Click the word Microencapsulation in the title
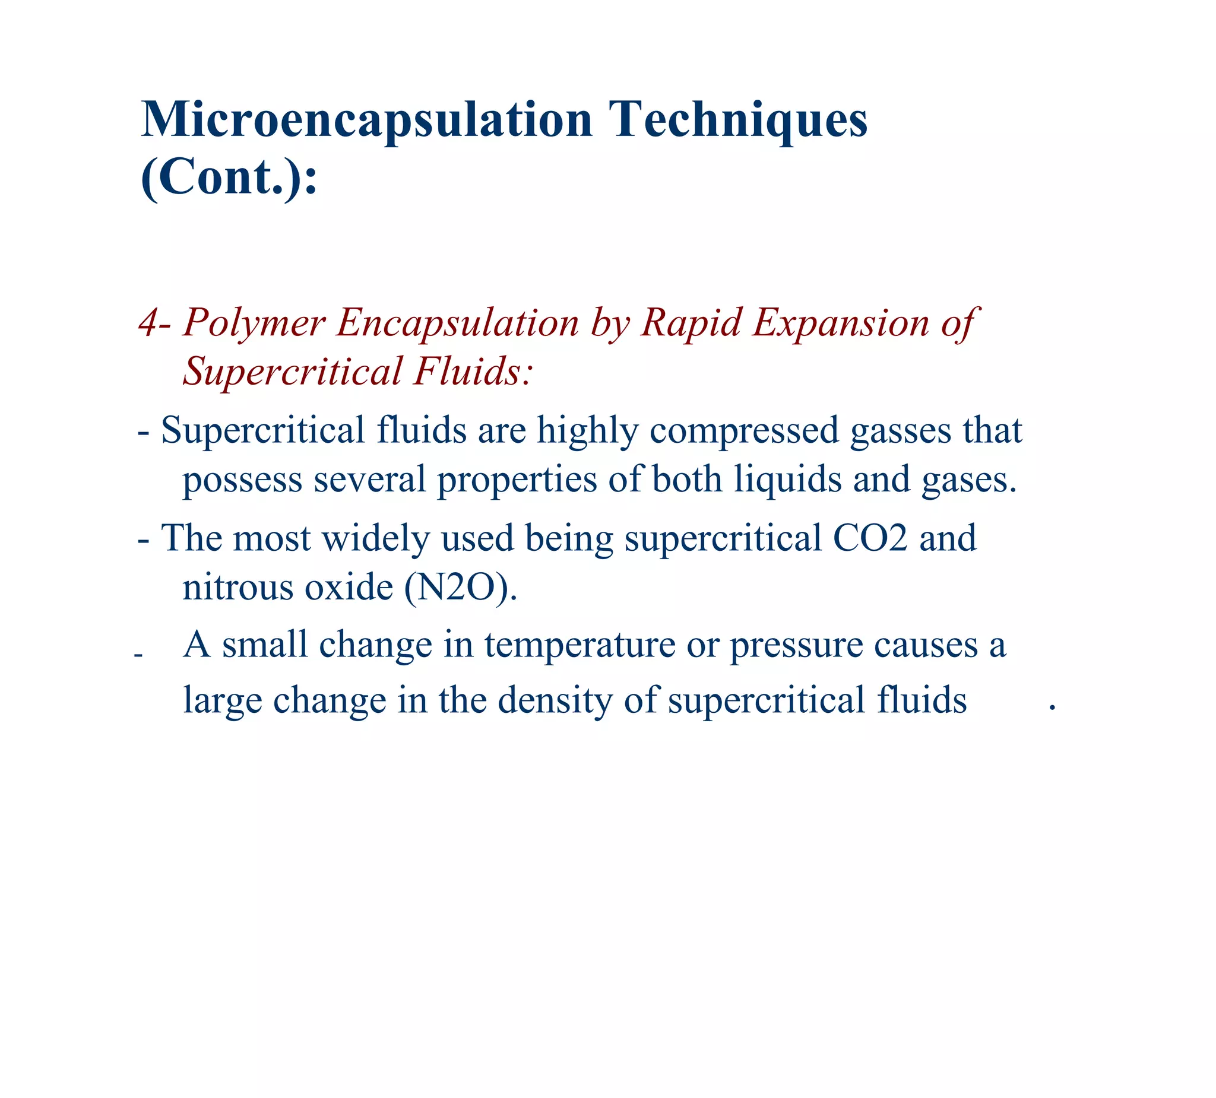tap(367, 120)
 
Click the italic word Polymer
tap(254, 323)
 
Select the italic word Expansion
tap(841, 323)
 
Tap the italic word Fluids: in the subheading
tap(473, 372)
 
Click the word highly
tap(587, 431)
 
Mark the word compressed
tap(745, 431)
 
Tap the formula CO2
tap(870, 538)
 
